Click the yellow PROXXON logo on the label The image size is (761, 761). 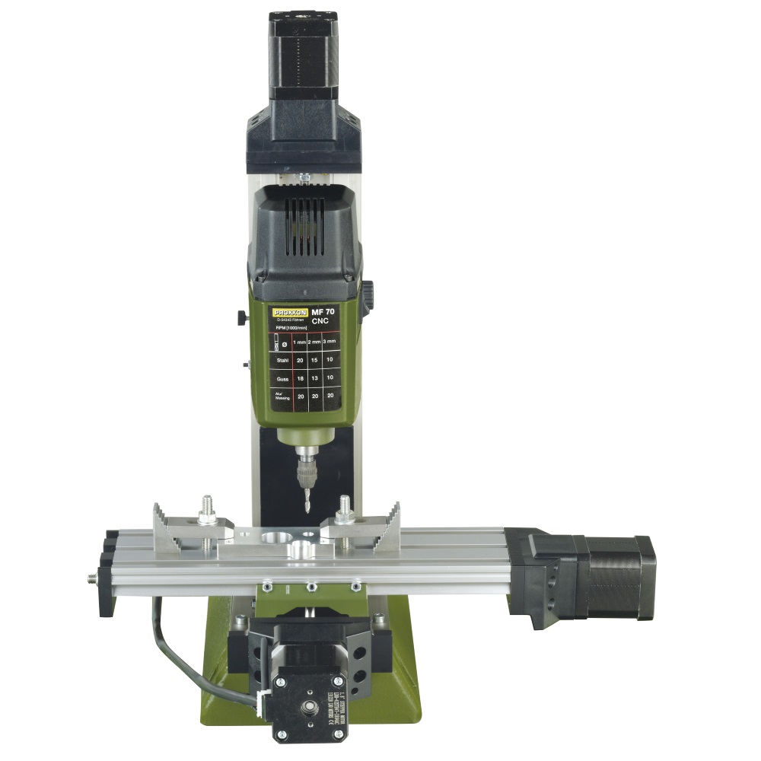289,312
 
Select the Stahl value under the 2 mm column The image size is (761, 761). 314,359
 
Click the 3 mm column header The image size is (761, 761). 329,343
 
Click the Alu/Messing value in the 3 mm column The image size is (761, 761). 329,396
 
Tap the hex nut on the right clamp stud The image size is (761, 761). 344,517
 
